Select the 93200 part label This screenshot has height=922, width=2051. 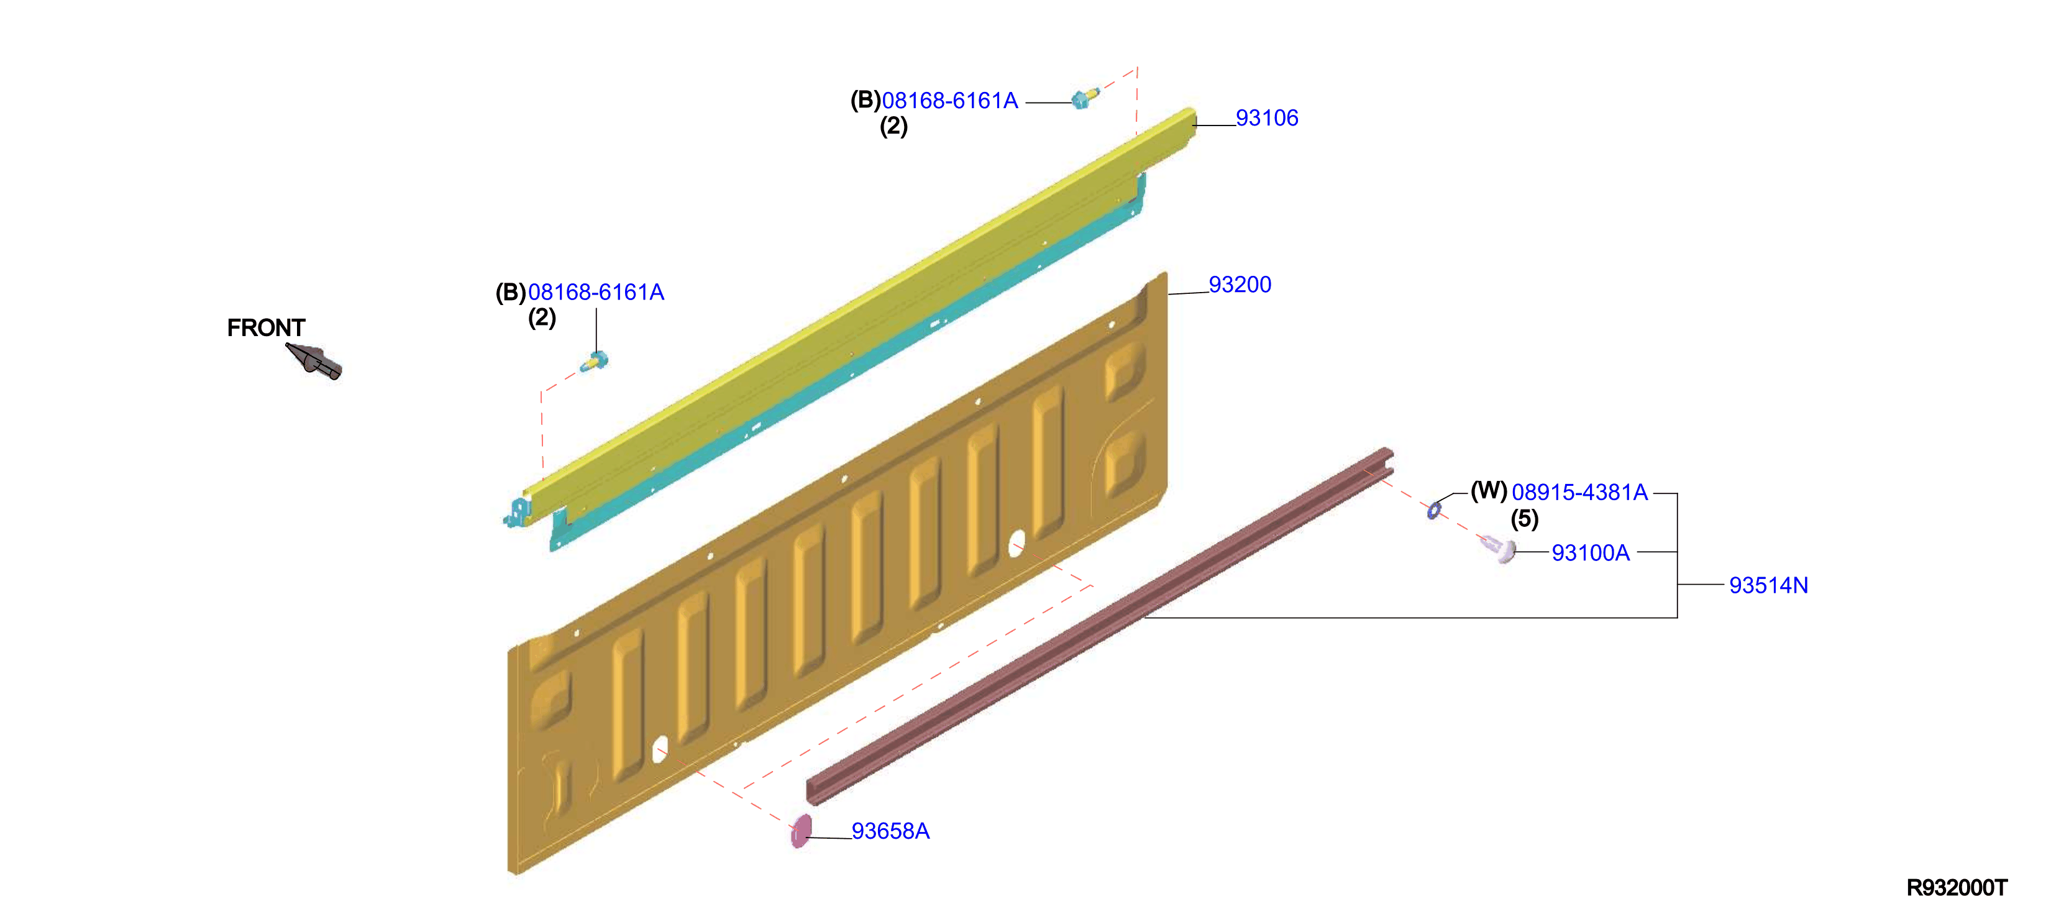click(x=1240, y=285)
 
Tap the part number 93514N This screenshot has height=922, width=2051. click(x=1768, y=585)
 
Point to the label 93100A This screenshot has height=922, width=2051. click(x=1590, y=552)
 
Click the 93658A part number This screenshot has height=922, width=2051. click(x=890, y=831)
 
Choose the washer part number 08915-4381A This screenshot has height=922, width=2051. click(x=1579, y=492)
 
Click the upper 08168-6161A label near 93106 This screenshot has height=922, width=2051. click(x=950, y=100)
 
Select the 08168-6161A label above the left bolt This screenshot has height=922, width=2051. click(x=596, y=292)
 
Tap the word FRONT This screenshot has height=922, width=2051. click(x=266, y=327)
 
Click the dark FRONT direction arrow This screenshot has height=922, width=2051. click(x=315, y=362)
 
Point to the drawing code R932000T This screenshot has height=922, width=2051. click(x=1957, y=888)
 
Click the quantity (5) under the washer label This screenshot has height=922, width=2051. click(x=1524, y=519)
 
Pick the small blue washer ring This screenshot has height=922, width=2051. click(x=1434, y=509)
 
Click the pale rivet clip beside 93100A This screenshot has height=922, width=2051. click(x=1499, y=549)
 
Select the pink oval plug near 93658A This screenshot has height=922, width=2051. click(x=801, y=831)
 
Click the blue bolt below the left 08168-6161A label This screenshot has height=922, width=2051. click(x=594, y=362)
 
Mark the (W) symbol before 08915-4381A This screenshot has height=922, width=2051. click(x=1488, y=491)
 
